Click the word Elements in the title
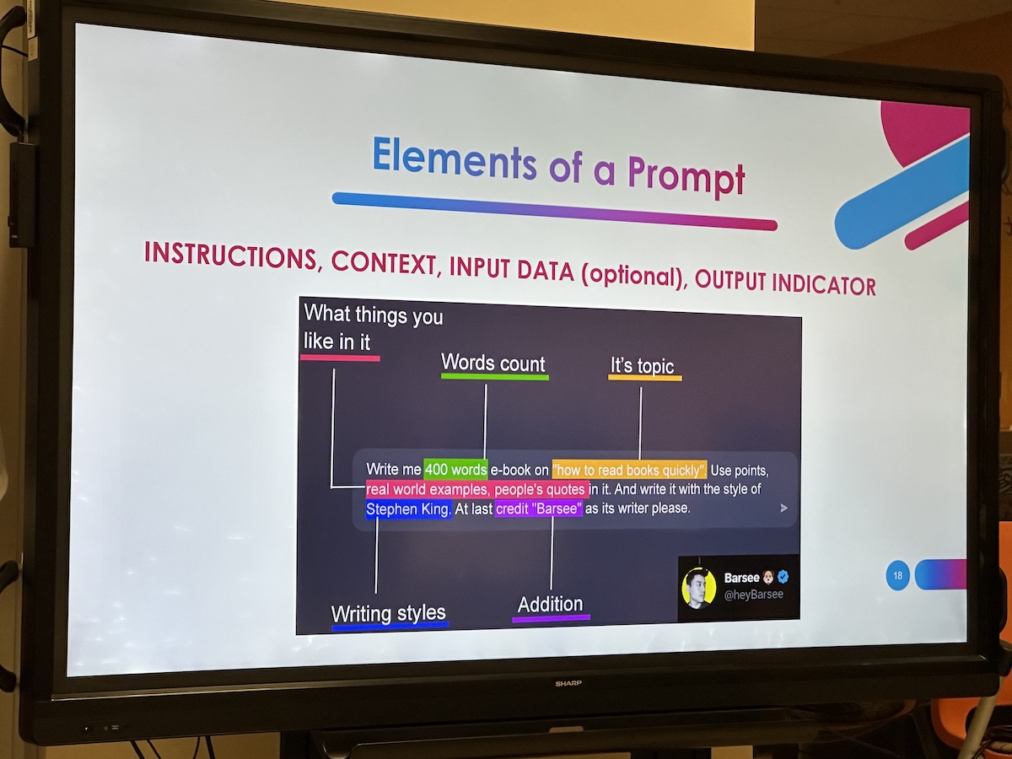(x=455, y=159)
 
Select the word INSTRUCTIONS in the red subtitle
(x=230, y=255)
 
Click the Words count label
(x=493, y=363)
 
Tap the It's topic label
(x=643, y=365)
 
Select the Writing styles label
(x=389, y=613)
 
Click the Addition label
(x=550, y=604)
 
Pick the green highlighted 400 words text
(x=455, y=470)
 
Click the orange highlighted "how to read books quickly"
(x=629, y=470)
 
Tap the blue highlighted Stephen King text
(x=408, y=509)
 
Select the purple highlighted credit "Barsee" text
(x=539, y=509)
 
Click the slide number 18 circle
(x=897, y=575)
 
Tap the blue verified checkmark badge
(x=783, y=576)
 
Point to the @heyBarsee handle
(x=753, y=595)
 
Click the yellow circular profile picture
(x=699, y=588)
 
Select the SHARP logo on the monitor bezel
(x=568, y=683)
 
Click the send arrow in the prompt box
(x=783, y=508)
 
